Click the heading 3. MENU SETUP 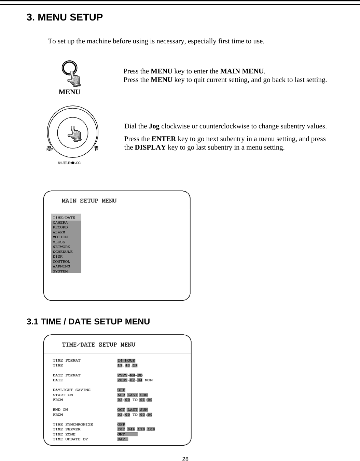65,17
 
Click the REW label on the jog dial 50,149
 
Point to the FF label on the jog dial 97,149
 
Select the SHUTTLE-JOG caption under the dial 69,163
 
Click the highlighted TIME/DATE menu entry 64,218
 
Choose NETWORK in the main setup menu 61,247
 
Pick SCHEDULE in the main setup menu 63,252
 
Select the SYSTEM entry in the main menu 60,271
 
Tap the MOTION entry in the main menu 60,237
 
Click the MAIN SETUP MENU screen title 89,201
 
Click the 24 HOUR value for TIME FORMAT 126,361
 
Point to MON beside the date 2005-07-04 149,380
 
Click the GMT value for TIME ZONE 122,434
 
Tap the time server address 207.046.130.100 136,429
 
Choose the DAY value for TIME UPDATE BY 122,439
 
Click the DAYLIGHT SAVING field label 72,390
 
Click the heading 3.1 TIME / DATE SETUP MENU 88,322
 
